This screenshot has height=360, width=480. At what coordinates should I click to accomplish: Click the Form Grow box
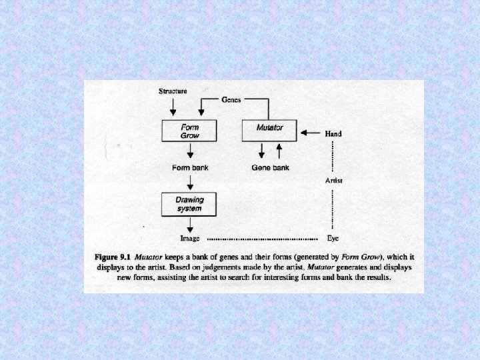190,131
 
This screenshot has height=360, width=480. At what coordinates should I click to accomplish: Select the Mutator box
270,131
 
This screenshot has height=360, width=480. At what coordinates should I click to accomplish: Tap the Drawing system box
190,204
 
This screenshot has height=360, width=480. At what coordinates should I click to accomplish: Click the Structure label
173,91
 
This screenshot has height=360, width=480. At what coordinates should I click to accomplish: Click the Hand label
333,133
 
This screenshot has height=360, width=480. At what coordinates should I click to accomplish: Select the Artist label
334,180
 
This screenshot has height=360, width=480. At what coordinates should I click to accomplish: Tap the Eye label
333,238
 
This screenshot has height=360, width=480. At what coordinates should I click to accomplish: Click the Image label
190,238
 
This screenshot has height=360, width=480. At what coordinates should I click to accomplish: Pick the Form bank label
190,168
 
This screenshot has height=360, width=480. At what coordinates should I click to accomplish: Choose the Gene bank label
270,168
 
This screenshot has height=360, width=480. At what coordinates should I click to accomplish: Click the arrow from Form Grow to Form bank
190,151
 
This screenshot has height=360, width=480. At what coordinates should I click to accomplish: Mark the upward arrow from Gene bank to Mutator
279,151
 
